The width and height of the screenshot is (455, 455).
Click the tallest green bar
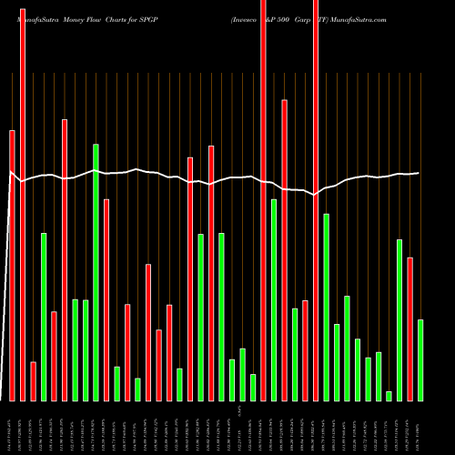coord(96,272)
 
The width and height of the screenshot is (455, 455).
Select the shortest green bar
coord(389,396)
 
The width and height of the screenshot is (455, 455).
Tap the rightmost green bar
coord(420,359)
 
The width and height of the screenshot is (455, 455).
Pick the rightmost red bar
coord(410,329)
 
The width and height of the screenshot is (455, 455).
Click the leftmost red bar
coord(12,265)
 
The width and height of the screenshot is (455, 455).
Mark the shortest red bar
coord(34,381)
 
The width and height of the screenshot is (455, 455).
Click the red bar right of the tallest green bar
coord(106,299)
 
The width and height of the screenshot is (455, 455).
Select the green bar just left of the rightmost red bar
coord(399,319)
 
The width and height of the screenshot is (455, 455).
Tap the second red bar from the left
coord(23,200)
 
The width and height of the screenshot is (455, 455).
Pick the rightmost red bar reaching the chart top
coord(316,200)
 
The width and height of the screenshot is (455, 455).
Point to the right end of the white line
coord(419,173)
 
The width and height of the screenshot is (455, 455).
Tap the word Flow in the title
coord(105,19)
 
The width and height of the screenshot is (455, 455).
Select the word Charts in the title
coord(131,19)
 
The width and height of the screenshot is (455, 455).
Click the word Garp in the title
coord(304,19)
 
